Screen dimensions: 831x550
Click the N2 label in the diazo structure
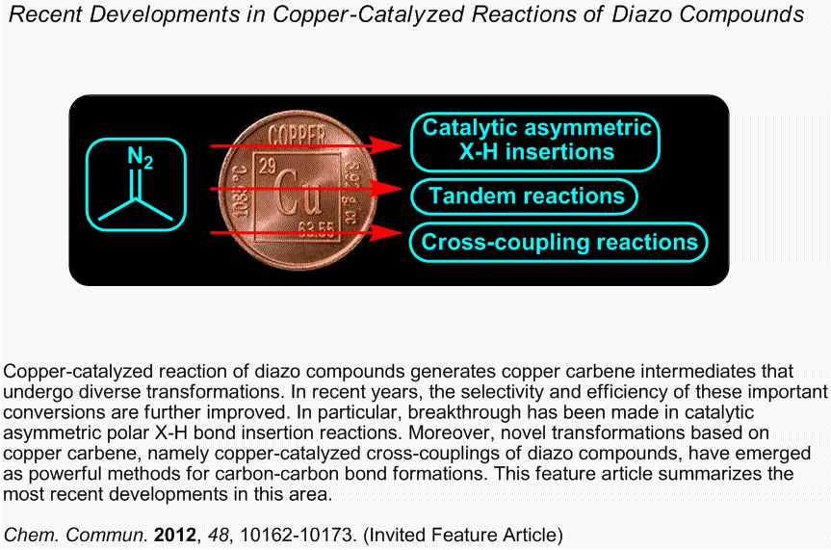coord(141,157)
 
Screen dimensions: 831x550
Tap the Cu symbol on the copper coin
coord(298,192)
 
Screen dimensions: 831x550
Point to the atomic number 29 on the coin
coord(267,167)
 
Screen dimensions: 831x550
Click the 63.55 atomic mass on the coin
coord(316,229)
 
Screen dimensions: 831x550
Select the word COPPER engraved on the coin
coord(297,136)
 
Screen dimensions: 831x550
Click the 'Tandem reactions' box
coord(524,196)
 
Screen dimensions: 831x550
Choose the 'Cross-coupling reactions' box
coord(559,243)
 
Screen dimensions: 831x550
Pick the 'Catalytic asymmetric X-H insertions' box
coord(535,143)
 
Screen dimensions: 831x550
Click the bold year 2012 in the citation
coord(175,535)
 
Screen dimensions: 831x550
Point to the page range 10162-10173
coord(297,535)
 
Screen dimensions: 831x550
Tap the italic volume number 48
coord(219,535)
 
